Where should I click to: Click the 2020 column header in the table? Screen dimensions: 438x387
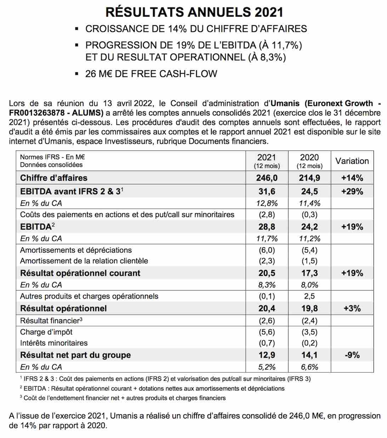309,158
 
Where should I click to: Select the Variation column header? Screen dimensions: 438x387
352,161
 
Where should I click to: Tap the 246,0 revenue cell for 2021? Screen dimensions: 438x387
267,178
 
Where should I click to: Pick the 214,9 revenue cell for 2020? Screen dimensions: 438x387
309,178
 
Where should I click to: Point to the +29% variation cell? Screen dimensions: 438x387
352,192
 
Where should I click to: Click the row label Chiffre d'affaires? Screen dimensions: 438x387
54,178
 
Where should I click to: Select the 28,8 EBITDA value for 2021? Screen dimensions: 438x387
267,227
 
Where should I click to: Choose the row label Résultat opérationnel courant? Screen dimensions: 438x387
80,273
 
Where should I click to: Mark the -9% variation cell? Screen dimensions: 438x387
352,355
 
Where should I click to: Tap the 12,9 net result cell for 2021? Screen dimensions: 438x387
267,355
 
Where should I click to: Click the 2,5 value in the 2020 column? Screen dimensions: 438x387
309,296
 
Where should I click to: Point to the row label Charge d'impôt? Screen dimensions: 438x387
46,332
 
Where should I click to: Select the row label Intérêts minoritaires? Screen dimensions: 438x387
54,343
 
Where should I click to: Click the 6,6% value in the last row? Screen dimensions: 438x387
309,367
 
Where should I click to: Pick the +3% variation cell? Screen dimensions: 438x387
352,308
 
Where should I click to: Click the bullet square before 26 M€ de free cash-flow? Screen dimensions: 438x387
76,74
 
